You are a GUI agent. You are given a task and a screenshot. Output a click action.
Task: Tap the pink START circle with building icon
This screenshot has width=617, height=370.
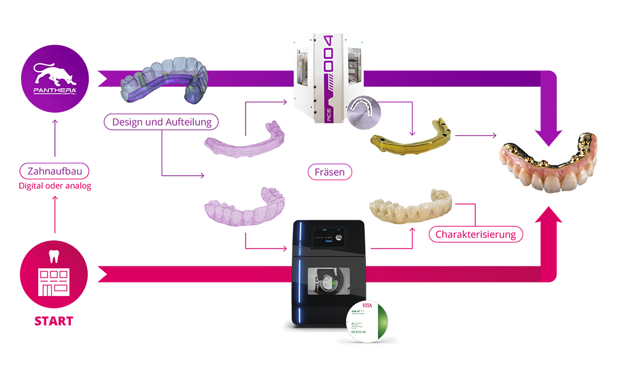(54, 274)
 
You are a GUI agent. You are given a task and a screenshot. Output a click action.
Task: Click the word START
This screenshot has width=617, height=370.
(54, 321)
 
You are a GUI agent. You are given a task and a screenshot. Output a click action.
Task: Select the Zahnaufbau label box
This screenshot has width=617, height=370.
(54, 171)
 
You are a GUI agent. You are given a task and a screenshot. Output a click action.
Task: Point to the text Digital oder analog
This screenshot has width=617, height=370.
(54, 186)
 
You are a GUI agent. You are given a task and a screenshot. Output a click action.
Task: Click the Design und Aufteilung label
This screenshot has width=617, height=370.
(162, 122)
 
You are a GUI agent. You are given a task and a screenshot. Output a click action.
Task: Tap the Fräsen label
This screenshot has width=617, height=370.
(329, 172)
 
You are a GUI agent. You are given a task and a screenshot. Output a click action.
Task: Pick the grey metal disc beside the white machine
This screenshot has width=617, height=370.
(368, 114)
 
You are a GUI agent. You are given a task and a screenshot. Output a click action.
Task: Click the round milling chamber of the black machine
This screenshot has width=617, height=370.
(330, 281)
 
